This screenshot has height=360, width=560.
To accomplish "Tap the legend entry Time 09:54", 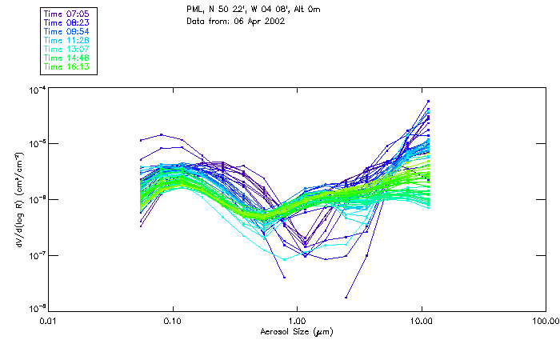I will [67, 31].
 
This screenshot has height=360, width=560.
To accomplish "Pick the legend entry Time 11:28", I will [67, 40].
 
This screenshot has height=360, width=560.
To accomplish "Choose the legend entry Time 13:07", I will [67, 49].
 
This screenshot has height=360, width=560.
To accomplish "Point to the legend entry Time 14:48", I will [67, 58].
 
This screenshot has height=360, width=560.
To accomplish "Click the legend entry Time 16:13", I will [67, 66].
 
